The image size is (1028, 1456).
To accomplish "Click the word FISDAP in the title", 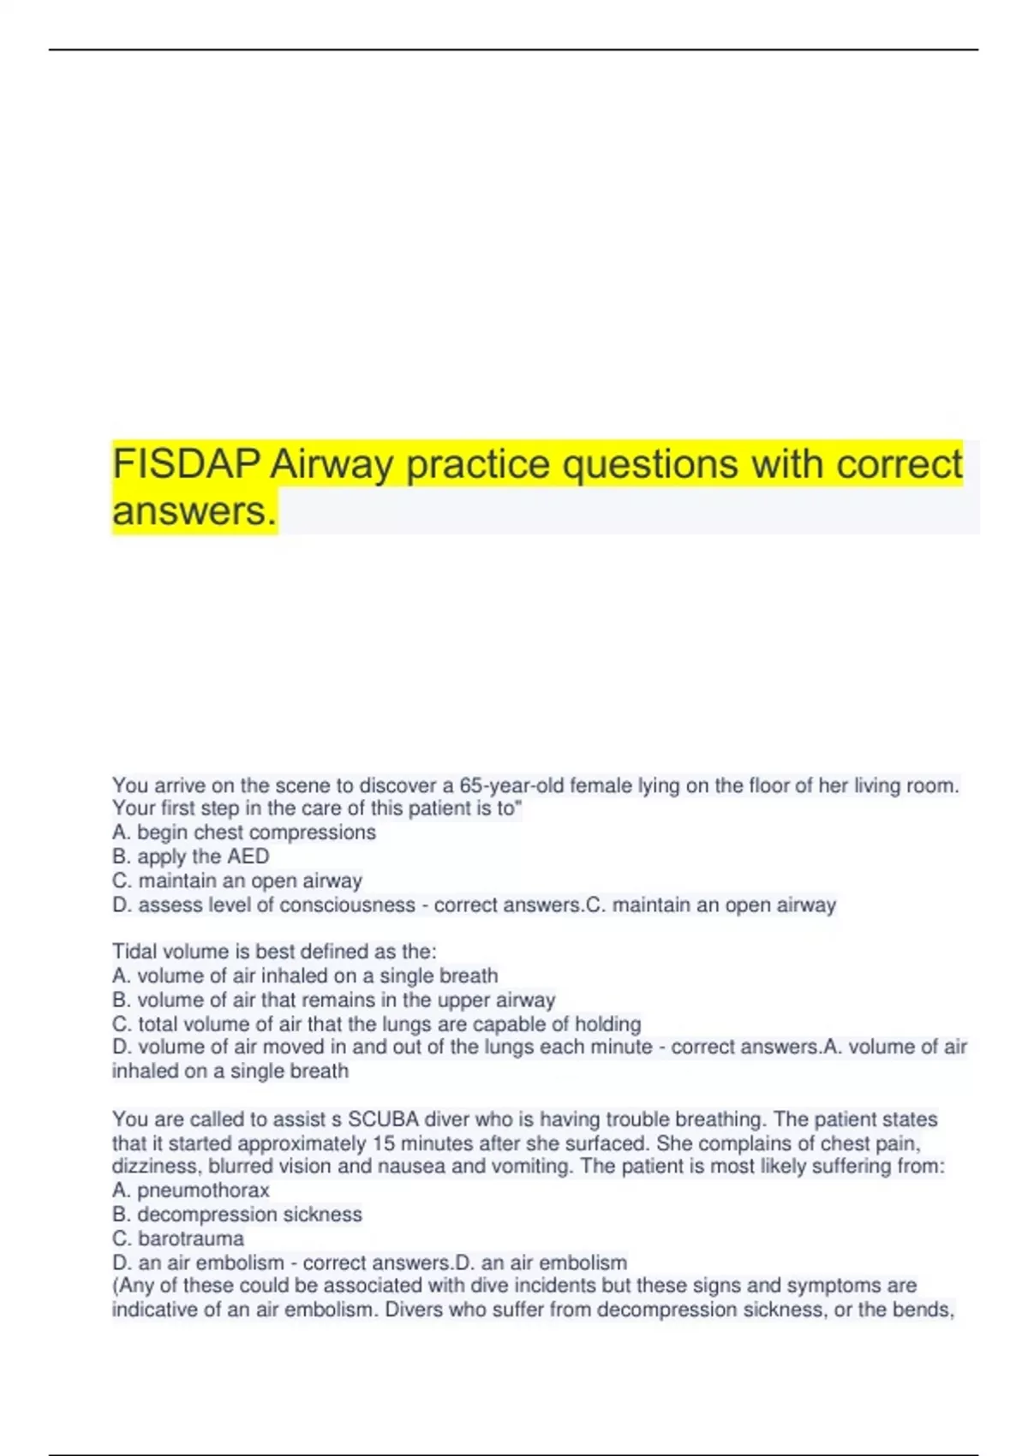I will [186, 464].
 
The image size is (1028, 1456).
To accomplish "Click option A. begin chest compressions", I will [244, 832].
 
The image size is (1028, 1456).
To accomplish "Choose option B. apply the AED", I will [191, 856].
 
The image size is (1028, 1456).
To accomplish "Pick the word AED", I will [248, 856].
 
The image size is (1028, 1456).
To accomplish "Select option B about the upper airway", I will [334, 1000].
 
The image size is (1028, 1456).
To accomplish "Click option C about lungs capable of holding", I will [377, 1023].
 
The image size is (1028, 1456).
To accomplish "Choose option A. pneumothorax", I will [191, 1190].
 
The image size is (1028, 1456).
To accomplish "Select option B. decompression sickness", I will [237, 1214].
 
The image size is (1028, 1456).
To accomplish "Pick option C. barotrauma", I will [178, 1238].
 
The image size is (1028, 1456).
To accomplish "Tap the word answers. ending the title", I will [194, 511].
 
